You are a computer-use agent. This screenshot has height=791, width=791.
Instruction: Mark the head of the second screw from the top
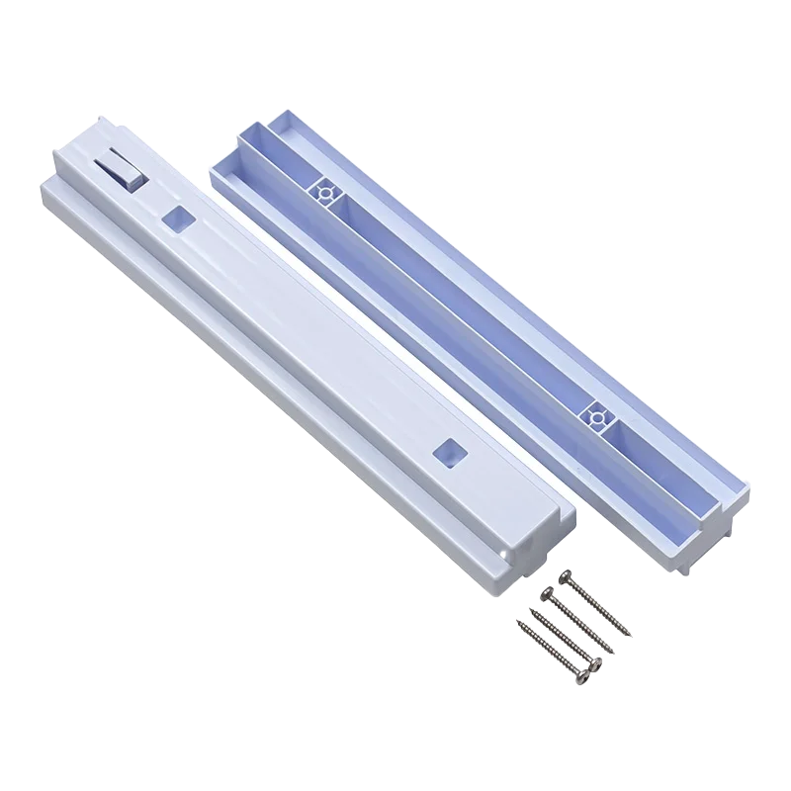[x=544, y=592]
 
